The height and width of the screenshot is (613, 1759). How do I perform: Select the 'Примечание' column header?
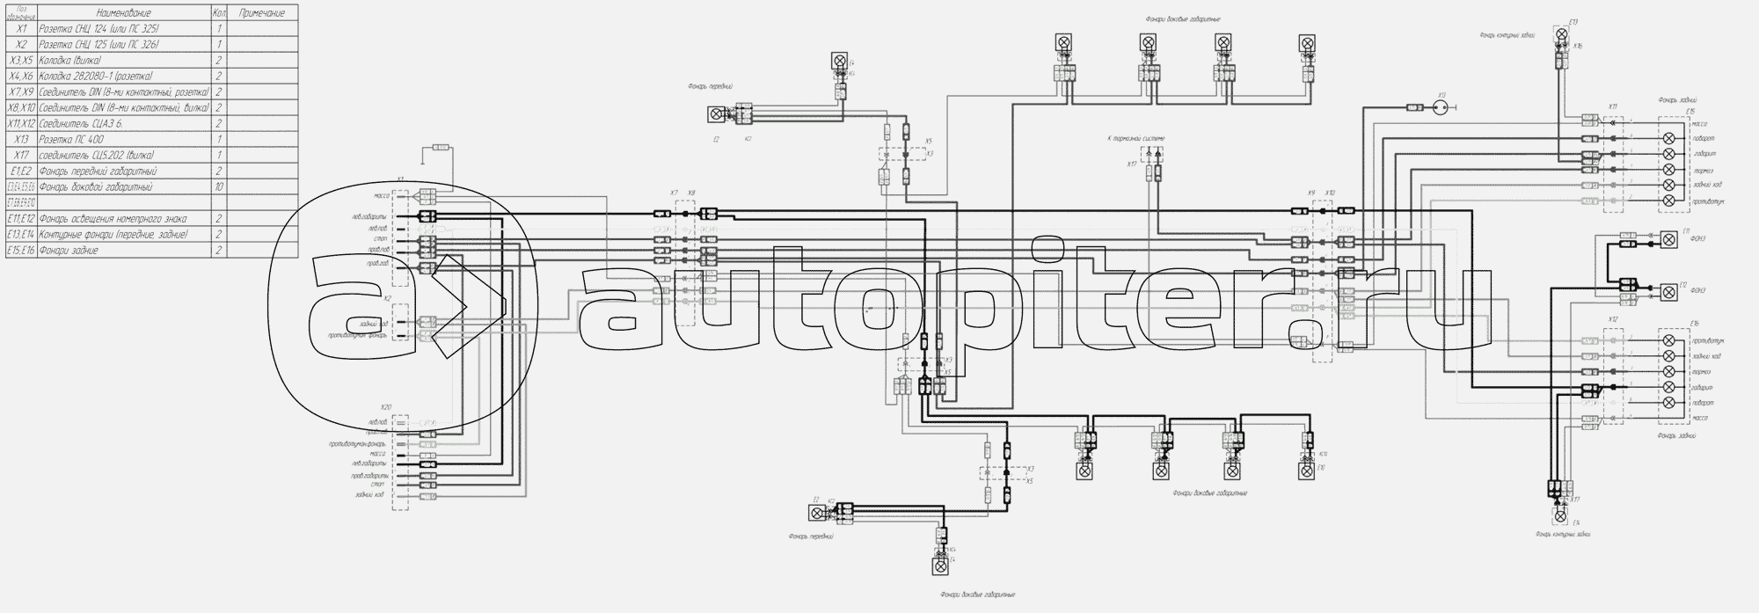point(261,13)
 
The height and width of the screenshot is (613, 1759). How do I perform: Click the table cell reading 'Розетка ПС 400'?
point(72,140)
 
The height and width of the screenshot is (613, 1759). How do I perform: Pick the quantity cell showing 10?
point(219,187)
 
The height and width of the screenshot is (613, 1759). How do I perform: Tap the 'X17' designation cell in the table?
point(21,156)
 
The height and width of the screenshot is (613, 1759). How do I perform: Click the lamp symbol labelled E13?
point(1562,34)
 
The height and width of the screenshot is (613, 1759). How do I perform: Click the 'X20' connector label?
point(385,407)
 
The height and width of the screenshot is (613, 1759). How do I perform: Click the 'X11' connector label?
point(1612,107)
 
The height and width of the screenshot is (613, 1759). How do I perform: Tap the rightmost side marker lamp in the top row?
point(1307,43)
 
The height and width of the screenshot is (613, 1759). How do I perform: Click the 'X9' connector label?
point(1310,193)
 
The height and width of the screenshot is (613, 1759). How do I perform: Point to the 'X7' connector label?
point(674,193)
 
